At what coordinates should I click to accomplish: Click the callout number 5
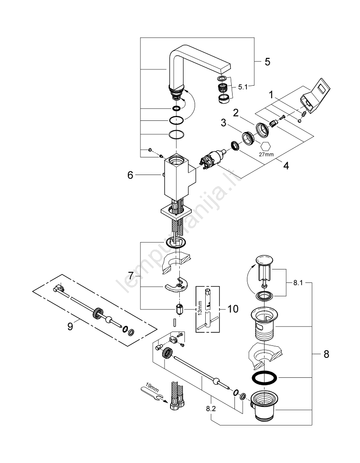point(267,62)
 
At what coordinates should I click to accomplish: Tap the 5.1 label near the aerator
point(244,86)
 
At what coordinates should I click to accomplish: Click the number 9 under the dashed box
point(70,326)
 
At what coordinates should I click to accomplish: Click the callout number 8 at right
point(326,354)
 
